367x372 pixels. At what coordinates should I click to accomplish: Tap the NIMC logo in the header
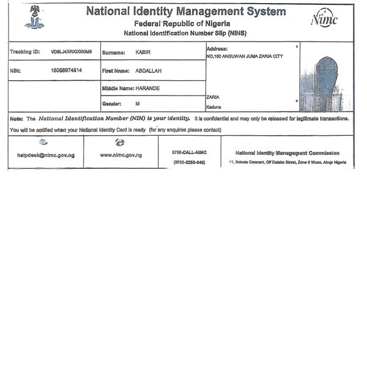pos(324,20)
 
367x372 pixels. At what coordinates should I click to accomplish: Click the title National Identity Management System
pos(185,11)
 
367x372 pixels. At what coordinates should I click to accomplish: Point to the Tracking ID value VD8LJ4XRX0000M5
pos(72,52)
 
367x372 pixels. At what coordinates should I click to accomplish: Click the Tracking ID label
pos(25,52)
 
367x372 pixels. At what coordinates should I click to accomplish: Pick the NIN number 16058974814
pos(67,70)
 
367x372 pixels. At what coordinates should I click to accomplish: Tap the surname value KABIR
pos(143,52)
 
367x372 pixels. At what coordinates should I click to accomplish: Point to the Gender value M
pos(138,104)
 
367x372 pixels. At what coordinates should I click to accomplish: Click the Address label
pos(217,48)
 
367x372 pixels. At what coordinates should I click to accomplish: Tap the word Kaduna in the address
pos(214,107)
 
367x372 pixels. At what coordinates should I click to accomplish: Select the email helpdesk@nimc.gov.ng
pos(46,155)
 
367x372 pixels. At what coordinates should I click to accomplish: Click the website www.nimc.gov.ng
pos(120,155)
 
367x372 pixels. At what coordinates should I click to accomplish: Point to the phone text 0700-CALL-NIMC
pos(189,152)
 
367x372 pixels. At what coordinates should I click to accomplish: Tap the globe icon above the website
pos(120,143)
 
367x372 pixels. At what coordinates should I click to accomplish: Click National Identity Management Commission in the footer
pos(287,153)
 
